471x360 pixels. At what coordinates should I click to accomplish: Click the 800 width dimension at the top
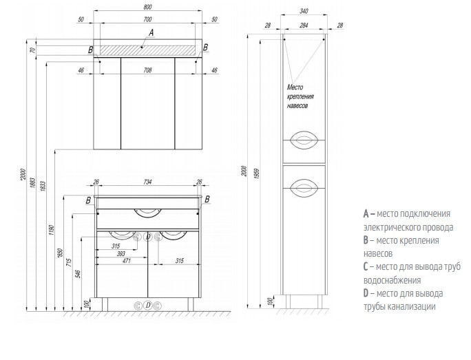click(x=148, y=7)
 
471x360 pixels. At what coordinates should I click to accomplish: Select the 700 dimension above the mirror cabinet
click(x=147, y=19)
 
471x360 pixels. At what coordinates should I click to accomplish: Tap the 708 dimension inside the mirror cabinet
click(x=147, y=70)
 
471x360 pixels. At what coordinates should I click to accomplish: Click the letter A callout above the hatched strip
click(x=151, y=32)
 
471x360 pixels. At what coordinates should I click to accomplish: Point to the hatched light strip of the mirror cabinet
click(x=147, y=50)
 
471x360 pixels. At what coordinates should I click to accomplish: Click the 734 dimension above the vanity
click(x=147, y=182)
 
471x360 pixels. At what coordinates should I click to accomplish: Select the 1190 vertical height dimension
click(x=51, y=230)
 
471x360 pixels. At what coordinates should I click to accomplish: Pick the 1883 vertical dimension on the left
click(x=33, y=183)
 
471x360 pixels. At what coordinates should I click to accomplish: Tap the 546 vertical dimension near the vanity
click(x=78, y=274)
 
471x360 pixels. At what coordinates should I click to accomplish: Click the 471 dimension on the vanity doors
click(x=127, y=261)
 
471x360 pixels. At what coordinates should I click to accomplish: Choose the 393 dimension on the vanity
click(x=121, y=254)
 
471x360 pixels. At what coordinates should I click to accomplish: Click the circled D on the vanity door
click(x=148, y=237)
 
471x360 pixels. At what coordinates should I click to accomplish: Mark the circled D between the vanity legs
click(x=148, y=306)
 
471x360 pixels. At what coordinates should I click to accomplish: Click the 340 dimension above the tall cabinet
click(x=304, y=11)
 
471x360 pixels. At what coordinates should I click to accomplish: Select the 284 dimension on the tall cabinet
click(x=304, y=25)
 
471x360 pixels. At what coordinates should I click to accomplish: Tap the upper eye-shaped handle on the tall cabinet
click(x=304, y=140)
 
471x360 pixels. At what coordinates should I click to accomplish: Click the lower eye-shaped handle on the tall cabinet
click(x=304, y=188)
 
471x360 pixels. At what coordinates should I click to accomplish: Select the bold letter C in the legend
click(x=366, y=266)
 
